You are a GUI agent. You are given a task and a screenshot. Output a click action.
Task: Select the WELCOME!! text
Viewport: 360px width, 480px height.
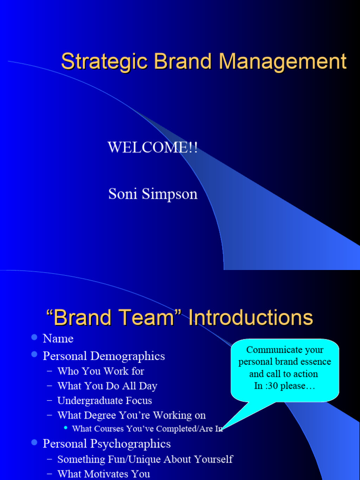tap(153, 147)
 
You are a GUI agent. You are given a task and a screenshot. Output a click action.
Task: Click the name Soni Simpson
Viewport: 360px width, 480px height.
tap(153, 194)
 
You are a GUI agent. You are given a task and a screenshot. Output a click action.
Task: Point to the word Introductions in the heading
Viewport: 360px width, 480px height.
tap(250, 317)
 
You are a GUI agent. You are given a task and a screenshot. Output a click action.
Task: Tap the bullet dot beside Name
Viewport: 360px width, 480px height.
tap(34, 337)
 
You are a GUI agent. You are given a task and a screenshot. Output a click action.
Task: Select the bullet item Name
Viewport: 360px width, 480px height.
tap(58, 338)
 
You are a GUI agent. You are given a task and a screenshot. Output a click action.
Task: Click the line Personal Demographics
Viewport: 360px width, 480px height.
tap(104, 356)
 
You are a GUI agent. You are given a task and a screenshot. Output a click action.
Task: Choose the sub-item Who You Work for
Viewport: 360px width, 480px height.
tap(100, 371)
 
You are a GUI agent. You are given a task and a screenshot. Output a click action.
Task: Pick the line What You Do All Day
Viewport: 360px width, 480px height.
tap(107, 386)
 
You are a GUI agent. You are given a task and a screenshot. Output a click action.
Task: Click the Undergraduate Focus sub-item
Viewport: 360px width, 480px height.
tap(105, 401)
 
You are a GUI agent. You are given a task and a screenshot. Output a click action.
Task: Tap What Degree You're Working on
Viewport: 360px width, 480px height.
tap(131, 415)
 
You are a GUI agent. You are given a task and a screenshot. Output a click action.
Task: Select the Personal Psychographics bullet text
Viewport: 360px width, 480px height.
tap(106, 443)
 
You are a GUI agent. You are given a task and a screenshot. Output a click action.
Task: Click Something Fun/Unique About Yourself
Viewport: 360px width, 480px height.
tap(145, 459)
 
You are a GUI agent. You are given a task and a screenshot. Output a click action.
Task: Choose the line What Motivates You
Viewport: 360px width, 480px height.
tap(104, 474)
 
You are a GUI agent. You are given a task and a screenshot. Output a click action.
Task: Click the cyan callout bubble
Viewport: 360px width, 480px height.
tap(285, 370)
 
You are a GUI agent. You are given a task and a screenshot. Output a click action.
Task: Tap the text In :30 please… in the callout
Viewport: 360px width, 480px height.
tap(285, 386)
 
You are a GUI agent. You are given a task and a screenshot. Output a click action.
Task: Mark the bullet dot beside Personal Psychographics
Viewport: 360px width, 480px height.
tap(34, 442)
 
